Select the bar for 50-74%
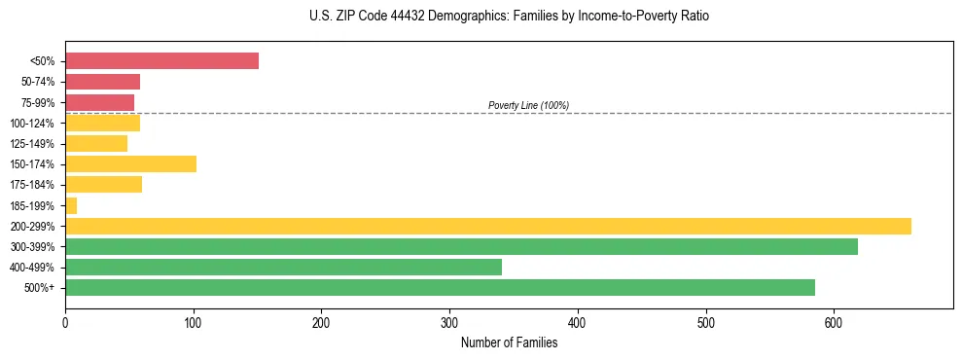[102, 82]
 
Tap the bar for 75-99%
[99, 102]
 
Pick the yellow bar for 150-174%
[130, 164]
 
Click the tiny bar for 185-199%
[71, 205]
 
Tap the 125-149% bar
[96, 144]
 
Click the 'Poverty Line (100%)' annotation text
[528, 105]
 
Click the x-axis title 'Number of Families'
[509, 342]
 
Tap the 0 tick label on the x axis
[65, 323]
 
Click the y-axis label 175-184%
[34, 185]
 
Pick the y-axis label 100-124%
[34, 124]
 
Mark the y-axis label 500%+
[40, 288]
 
